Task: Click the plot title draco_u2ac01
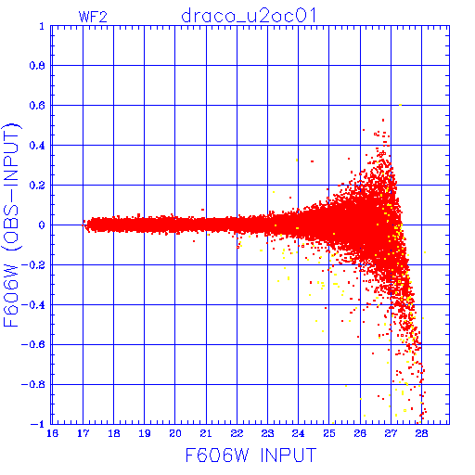(249, 16)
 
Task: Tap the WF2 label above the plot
(93, 17)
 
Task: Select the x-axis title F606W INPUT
(250, 456)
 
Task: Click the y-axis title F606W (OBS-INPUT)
(11, 225)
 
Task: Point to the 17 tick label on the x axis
(83, 433)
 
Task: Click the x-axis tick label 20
(175, 433)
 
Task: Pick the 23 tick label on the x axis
(267, 433)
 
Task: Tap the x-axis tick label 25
(329, 433)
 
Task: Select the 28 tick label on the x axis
(421, 433)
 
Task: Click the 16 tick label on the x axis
(52, 433)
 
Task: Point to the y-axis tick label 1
(42, 26)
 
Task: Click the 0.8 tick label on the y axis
(37, 66)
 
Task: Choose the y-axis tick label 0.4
(37, 146)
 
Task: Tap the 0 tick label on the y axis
(42, 225)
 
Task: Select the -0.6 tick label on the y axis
(33, 344)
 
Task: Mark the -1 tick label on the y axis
(38, 424)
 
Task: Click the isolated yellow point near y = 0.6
(400, 105)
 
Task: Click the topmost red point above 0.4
(383, 120)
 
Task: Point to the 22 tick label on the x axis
(237, 433)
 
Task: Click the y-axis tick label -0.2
(33, 265)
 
